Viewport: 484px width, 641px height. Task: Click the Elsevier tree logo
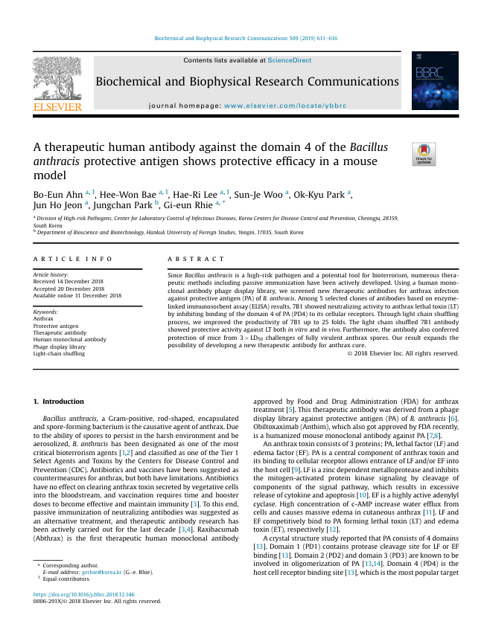57,83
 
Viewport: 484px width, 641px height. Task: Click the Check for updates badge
424,154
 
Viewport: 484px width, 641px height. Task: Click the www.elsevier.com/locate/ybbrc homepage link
285,106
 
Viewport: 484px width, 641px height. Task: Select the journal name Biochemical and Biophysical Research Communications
247,82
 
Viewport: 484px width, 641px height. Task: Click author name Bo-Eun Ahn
57,195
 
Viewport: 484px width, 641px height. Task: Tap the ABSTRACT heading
195,259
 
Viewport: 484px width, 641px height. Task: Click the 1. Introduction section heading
60,402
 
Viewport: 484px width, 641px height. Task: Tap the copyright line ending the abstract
403,353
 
